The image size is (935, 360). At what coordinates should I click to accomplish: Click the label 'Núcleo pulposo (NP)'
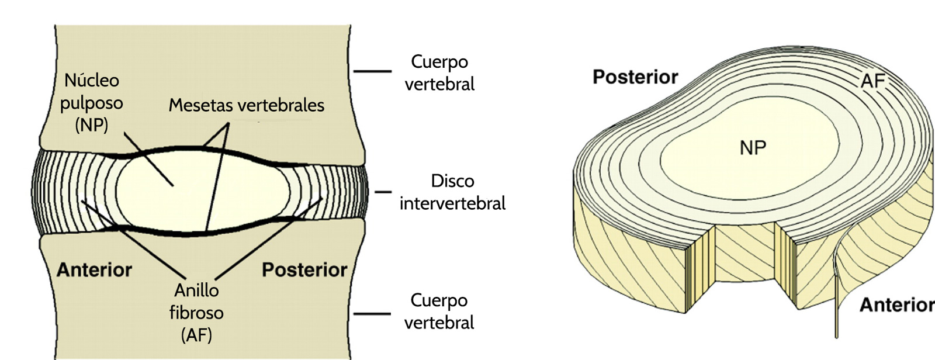pos(92,102)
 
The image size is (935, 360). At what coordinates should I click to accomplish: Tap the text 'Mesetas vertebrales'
pos(246,105)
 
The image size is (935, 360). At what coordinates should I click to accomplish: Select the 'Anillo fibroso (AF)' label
pos(196,312)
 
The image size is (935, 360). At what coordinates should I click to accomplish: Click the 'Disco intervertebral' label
pos(452,192)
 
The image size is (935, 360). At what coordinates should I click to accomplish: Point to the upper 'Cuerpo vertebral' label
pos(439,72)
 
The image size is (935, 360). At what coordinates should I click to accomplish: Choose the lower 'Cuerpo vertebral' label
pos(439,311)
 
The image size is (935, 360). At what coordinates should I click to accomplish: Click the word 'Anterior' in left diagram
pos(94,270)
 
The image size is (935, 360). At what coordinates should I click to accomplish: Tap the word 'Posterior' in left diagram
pos(304,270)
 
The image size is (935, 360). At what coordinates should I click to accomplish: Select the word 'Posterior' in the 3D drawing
pos(635,77)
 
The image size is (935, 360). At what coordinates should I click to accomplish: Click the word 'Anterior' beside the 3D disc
pos(896,305)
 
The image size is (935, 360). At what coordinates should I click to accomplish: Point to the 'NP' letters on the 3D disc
pos(753,148)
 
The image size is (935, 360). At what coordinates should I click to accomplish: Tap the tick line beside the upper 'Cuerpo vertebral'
pos(372,71)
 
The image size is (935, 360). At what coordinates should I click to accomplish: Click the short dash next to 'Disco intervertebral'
pos(383,192)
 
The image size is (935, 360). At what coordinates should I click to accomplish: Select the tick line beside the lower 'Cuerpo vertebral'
pos(372,314)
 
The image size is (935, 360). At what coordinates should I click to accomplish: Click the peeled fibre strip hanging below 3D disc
pos(836,304)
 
